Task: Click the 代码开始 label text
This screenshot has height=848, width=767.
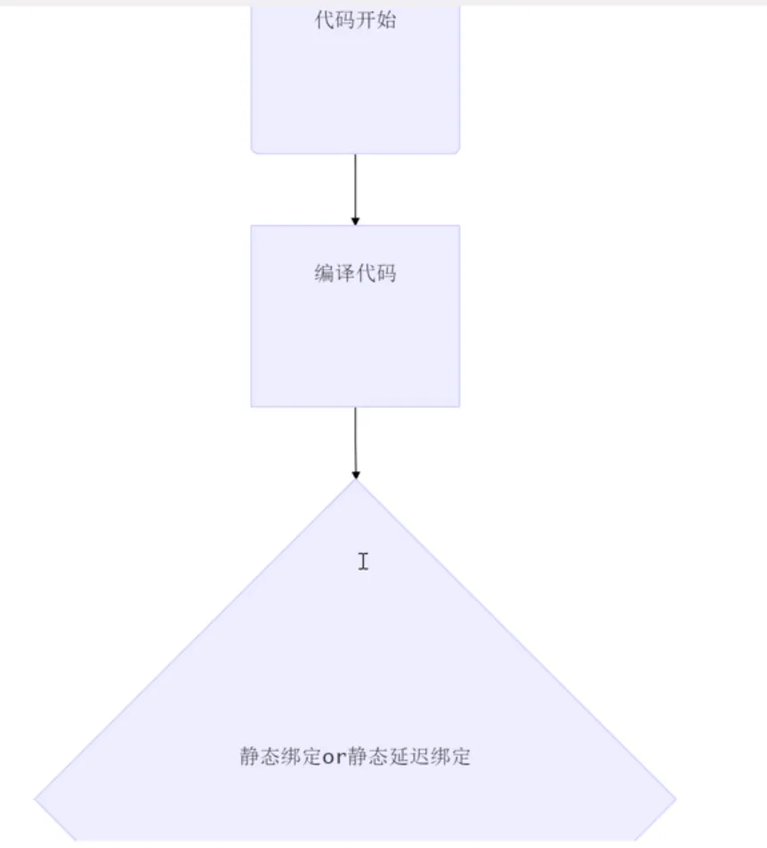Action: [x=355, y=20]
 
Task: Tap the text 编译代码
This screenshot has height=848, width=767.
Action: [x=355, y=274]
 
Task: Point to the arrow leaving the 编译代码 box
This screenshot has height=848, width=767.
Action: [x=355, y=440]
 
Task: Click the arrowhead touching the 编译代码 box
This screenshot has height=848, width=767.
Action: [x=355, y=220]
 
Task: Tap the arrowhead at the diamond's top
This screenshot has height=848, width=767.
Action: [x=356, y=475]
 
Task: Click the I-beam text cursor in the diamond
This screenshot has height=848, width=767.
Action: [x=363, y=561]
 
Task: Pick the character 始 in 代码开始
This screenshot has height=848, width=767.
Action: [x=386, y=20]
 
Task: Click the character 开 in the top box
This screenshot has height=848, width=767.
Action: [x=366, y=20]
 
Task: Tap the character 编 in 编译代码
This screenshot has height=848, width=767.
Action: [x=324, y=274]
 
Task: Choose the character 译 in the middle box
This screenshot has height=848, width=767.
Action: [x=345, y=274]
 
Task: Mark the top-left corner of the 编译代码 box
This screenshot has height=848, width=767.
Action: [x=252, y=226]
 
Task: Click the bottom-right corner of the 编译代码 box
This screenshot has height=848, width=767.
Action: [x=459, y=406]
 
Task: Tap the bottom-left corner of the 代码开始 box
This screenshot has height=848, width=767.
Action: [x=254, y=151]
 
